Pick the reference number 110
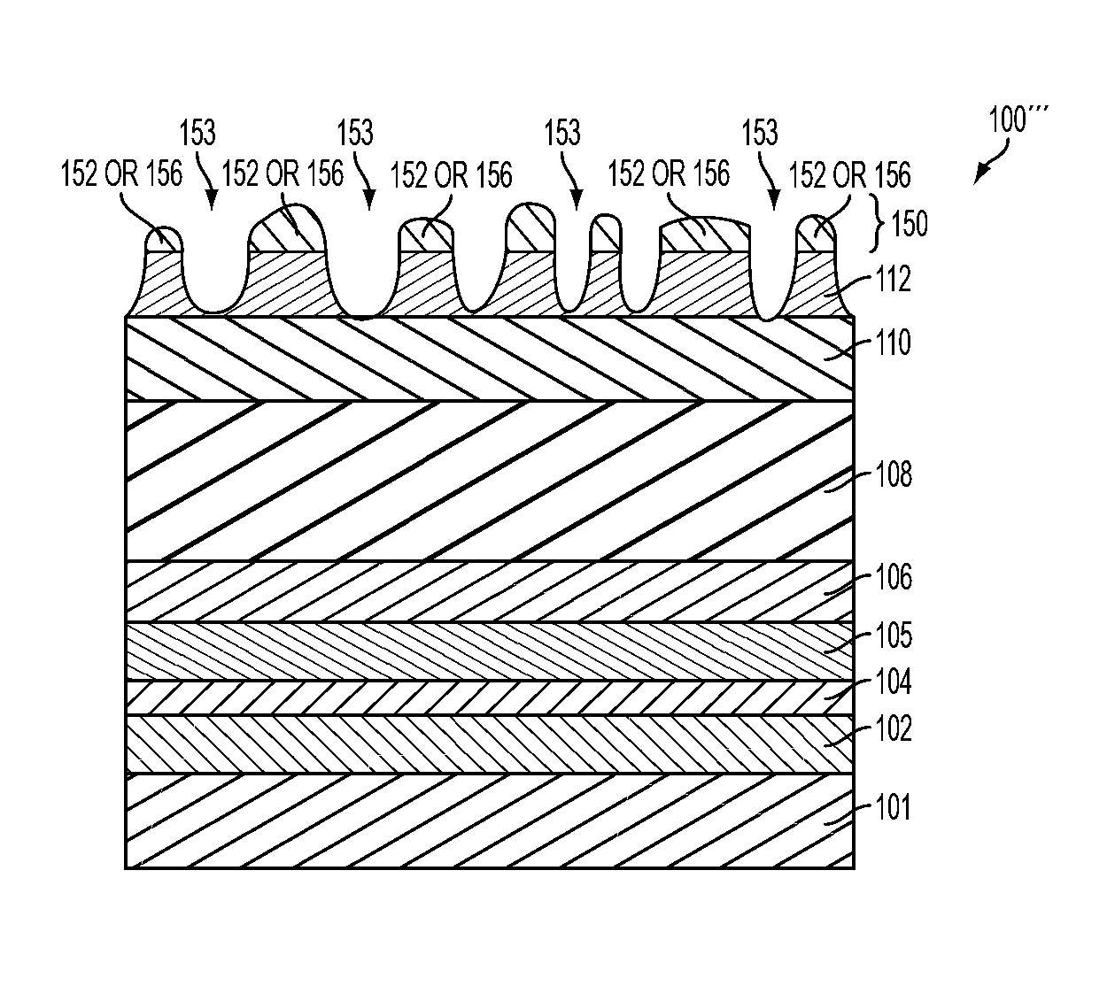[x=892, y=342]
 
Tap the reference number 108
[x=893, y=474]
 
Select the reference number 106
[x=893, y=578]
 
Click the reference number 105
[x=893, y=636]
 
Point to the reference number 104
[x=892, y=682]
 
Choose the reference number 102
[x=892, y=729]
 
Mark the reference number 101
[x=892, y=808]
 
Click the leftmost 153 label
[x=197, y=134]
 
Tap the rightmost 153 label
[x=760, y=133]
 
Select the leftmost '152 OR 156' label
[x=121, y=173]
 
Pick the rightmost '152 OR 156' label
[x=849, y=174]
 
